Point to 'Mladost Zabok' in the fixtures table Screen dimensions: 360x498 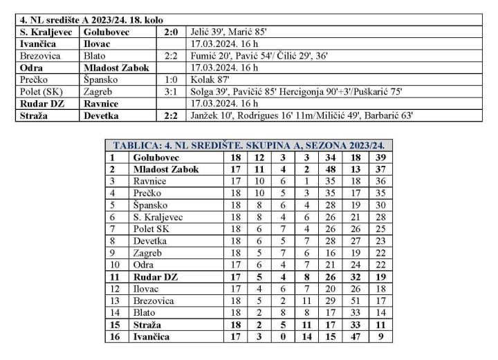click(x=114, y=68)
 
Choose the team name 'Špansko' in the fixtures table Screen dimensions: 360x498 click(x=100, y=80)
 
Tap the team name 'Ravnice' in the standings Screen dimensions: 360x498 click(x=151, y=180)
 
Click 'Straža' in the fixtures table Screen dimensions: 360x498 click(x=35, y=115)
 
